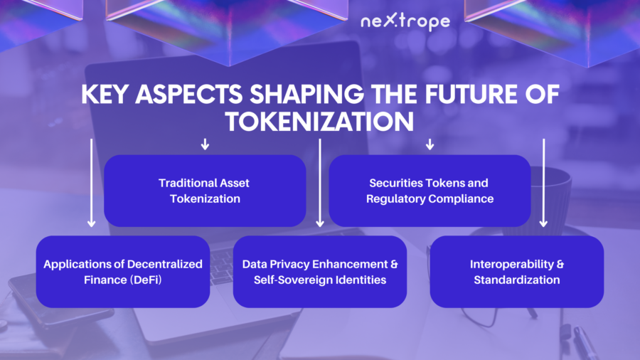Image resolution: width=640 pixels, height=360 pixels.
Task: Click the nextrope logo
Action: click(405, 22)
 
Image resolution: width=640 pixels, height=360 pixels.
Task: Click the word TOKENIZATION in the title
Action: click(319, 122)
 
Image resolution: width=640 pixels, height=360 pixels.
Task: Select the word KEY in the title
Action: click(105, 95)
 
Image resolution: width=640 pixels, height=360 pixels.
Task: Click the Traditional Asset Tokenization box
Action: click(205, 191)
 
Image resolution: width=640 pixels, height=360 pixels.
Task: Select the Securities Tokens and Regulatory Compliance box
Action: click(430, 191)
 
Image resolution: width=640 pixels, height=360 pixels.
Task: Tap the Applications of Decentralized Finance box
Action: click(123, 272)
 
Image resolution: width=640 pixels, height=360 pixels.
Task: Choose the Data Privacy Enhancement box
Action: click(320, 272)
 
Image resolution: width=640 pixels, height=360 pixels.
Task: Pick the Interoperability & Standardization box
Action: click(517, 272)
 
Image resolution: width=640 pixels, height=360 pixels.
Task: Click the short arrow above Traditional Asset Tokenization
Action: click(205, 144)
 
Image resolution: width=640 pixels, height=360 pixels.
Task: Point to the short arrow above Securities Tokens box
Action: click(430, 144)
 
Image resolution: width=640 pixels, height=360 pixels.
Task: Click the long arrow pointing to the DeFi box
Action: click(92, 183)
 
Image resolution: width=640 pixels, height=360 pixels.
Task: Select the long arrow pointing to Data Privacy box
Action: click(320, 183)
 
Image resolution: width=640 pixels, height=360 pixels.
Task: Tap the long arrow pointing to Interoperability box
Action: click(543, 183)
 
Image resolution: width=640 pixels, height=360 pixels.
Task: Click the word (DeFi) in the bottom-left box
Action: click(146, 280)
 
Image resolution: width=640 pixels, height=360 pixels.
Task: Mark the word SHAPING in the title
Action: click(307, 95)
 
